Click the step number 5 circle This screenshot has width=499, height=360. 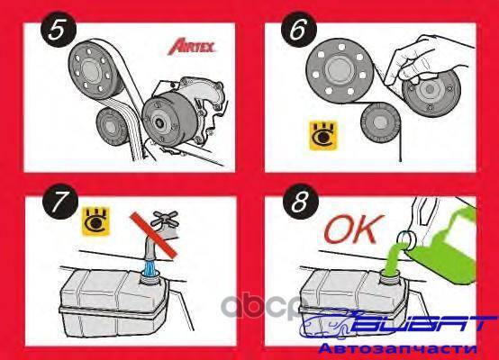pyautogui.click(x=59, y=30)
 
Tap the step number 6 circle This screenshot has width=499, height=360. pyautogui.click(x=299, y=30)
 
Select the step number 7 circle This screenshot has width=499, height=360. pyautogui.click(x=60, y=202)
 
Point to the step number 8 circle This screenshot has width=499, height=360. pyautogui.click(x=301, y=202)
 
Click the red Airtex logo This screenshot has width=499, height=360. pyautogui.click(x=192, y=47)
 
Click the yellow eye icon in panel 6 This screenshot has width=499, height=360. pyautogui.click(x=323, y=135)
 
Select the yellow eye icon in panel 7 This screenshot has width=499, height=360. pyautogui.click(x=95, y=221)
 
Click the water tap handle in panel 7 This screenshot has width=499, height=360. pyautogui.click(x=164, y=219)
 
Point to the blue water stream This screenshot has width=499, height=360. pyautogui.click(x=150, y=266)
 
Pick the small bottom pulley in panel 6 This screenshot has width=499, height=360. pyautogui.click(x=381, y=121)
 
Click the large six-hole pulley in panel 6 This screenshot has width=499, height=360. pyautogui.click(x=340, y=68)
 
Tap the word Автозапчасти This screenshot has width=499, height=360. pyautogui.click(x=398, y=349)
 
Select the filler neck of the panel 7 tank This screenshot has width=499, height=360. pyautogui.click(x=150, y=276)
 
